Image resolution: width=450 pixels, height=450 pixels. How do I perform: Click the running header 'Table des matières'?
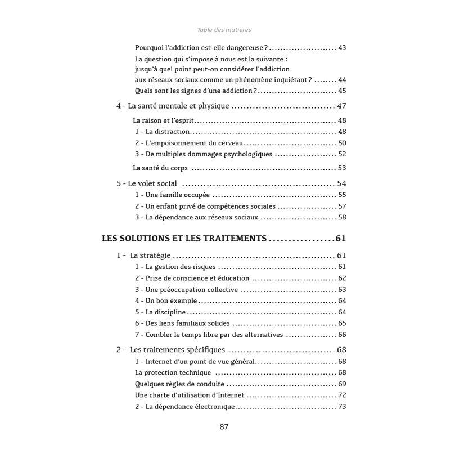[x=224, y=30]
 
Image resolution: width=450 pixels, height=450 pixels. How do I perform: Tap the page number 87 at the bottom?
[x=224, y=427]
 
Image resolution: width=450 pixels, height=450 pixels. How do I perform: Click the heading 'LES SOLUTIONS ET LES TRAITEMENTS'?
[x=184, y=238]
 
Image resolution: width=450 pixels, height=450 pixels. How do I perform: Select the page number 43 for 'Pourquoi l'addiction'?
[x=342, y=48]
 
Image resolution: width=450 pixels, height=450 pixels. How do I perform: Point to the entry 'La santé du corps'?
[x=160, y=168]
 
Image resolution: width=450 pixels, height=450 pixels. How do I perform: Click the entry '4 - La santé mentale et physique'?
[x=173, y=106]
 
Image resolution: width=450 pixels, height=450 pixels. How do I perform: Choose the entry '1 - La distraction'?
[x=162, y=132]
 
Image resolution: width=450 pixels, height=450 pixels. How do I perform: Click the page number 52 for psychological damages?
[x=342, y=154]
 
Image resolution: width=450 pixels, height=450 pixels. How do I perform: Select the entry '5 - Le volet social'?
[x=147, y=183]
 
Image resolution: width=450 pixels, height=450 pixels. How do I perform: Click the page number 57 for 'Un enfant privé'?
[x=342, y=206]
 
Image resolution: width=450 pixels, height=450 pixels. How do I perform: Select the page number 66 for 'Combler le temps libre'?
[x=342, y=335]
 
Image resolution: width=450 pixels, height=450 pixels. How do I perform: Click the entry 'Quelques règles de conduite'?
[x=179, y=384]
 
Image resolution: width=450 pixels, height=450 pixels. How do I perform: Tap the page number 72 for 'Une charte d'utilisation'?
[x=342, y=395]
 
